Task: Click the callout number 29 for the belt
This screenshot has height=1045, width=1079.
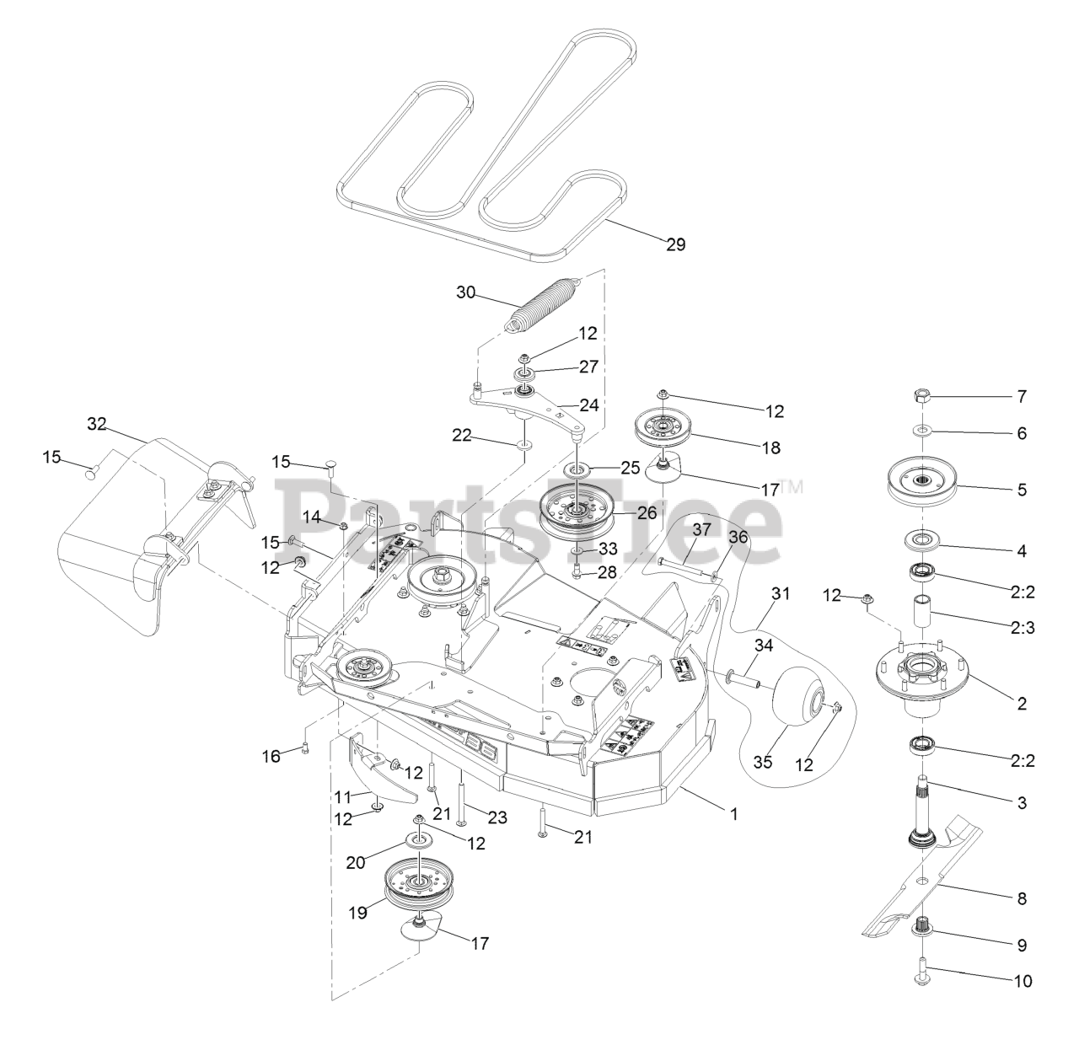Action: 675,244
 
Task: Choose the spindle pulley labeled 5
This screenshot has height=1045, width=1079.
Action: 925,486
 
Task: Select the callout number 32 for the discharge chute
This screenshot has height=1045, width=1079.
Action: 97,424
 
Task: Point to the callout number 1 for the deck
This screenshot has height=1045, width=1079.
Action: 733,814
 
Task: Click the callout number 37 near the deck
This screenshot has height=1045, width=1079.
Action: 703,529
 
